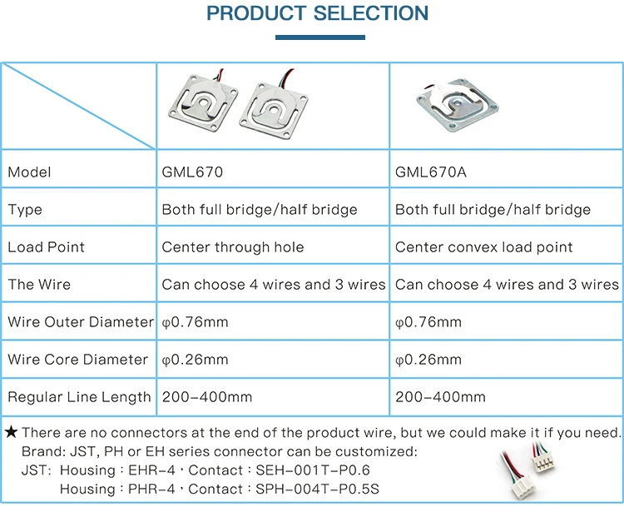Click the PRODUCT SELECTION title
[x=317, y=14]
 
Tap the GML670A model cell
[x=431, y=172]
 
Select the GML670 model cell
[x=192, y=172]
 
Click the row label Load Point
[x=47, y=247]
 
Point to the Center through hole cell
[x=233, y=247]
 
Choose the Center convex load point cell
[x=483, y=247]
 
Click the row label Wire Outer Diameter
[x=81, y=322]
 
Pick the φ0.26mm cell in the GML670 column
[x=195, y=360]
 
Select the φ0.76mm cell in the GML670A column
[x=428, y=322]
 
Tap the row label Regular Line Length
[x=79, y=397]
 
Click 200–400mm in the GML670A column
[x=440, y=397]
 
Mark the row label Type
[x=25, y=210]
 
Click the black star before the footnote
[x=11, y=432]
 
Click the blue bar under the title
[x=319, y=37]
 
